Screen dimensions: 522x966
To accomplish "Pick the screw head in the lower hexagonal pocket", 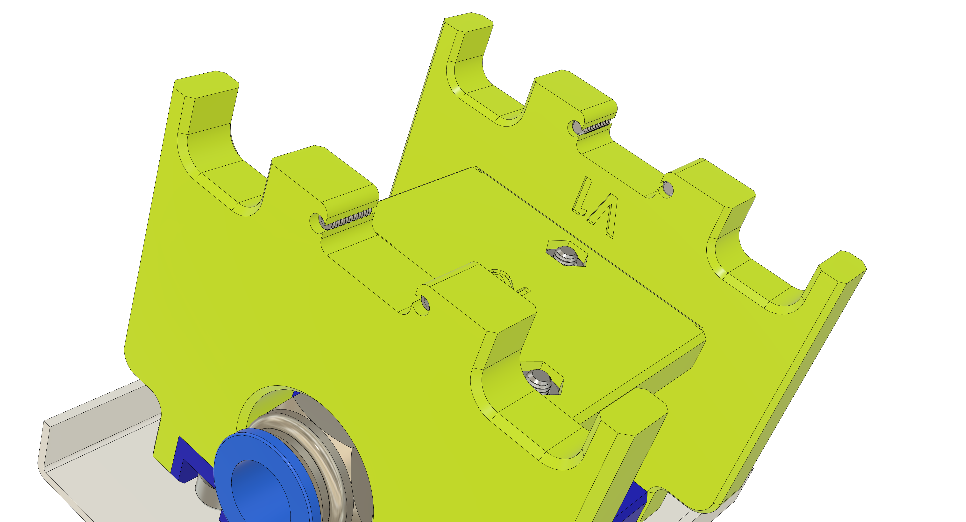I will click(x=539, y=380).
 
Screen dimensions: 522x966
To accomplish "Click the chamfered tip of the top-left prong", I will click(x=206, y=81).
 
